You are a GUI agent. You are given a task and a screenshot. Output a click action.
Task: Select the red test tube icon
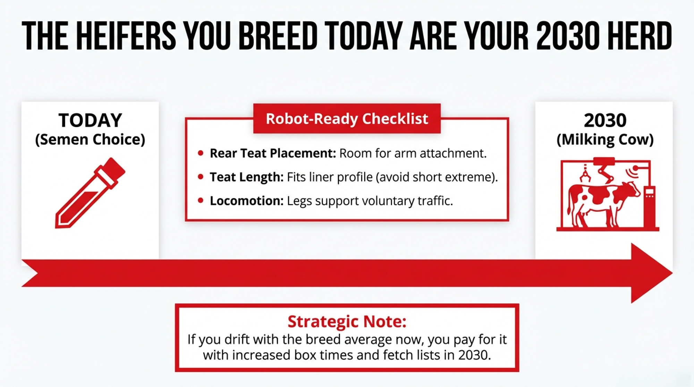[x=90, y=193]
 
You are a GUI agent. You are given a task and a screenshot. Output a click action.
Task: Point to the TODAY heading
[x=90, y=120]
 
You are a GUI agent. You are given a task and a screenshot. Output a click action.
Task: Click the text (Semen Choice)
[x=90, y=139]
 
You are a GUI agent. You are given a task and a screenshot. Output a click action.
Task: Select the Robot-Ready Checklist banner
[x=347, y=119]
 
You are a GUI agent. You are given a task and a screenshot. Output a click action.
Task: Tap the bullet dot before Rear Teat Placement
[x=200, y=153]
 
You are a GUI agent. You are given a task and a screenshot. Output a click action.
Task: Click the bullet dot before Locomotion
[x=200, y=200]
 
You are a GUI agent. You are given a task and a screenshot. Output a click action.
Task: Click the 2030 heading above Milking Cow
[x=605, y=120]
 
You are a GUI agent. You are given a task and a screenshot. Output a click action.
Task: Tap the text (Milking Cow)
[x=605, y=139]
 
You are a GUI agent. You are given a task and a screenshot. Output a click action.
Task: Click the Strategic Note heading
[x=347, y=321]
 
